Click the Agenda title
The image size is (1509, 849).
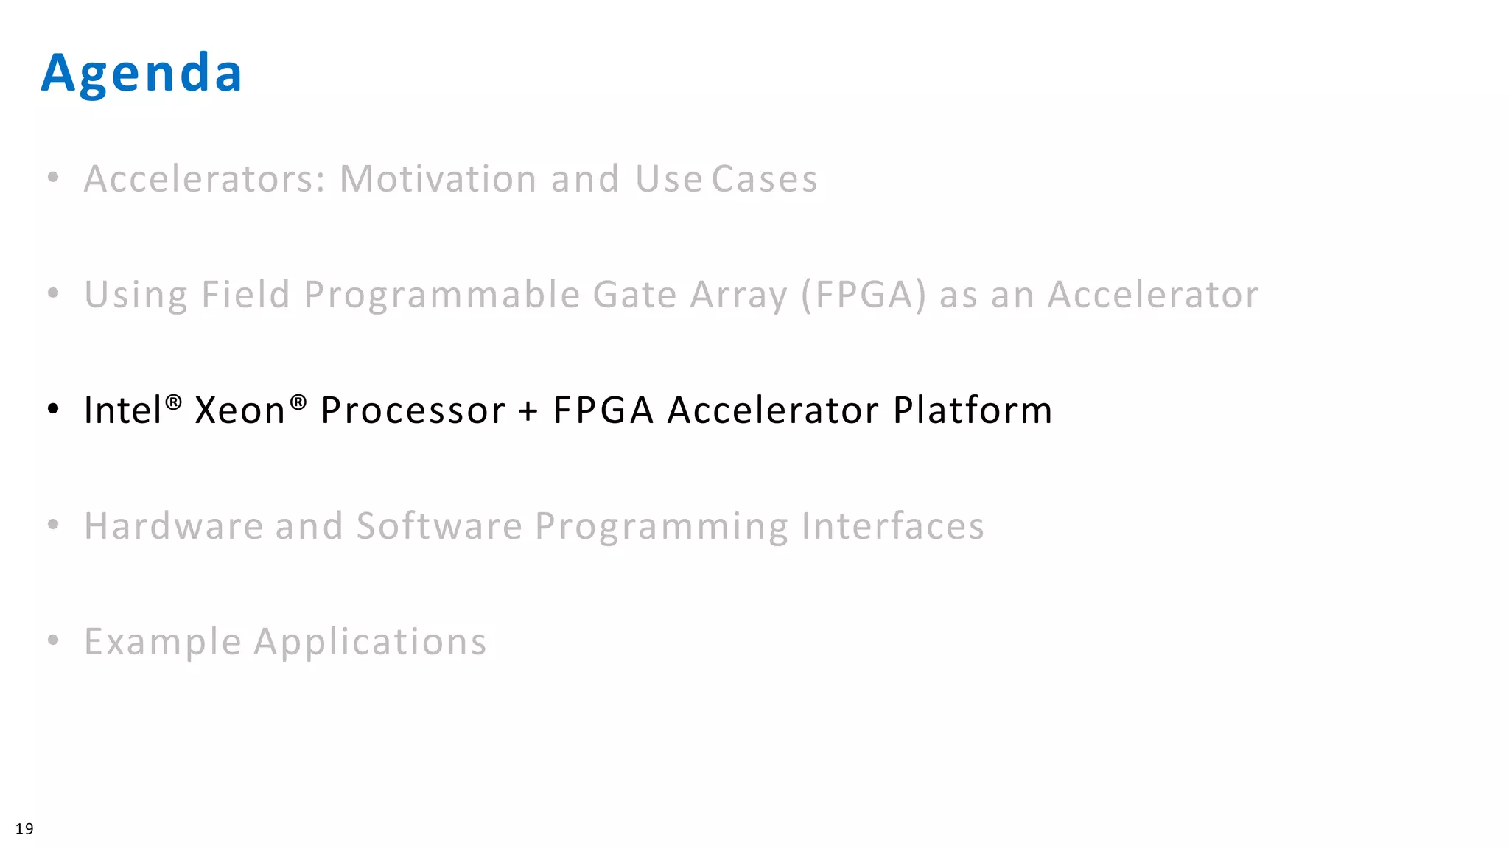tap(141, 74)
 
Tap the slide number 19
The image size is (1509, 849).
tap(24, 829)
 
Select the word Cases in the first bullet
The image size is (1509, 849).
tap(764, 179)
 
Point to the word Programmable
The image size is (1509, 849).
tap(442, 295)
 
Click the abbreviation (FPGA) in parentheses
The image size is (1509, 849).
tap(863, 295)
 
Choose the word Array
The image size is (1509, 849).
tap(738, 295)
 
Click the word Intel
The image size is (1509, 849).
tap(122, 410)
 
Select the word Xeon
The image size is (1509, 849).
tap(239, 410)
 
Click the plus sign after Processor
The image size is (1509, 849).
tap(528, 411)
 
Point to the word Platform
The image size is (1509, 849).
tap(973, 410)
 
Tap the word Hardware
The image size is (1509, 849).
tap(174, 526)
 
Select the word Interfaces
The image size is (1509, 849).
tap(892, 526)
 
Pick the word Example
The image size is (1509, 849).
tap(163, 642)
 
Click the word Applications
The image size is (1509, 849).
tap(370, 642)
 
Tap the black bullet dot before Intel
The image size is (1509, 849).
tap(53, 409)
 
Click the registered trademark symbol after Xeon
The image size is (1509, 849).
tap(298, 402)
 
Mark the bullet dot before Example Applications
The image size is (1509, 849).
tap(53, 640)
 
